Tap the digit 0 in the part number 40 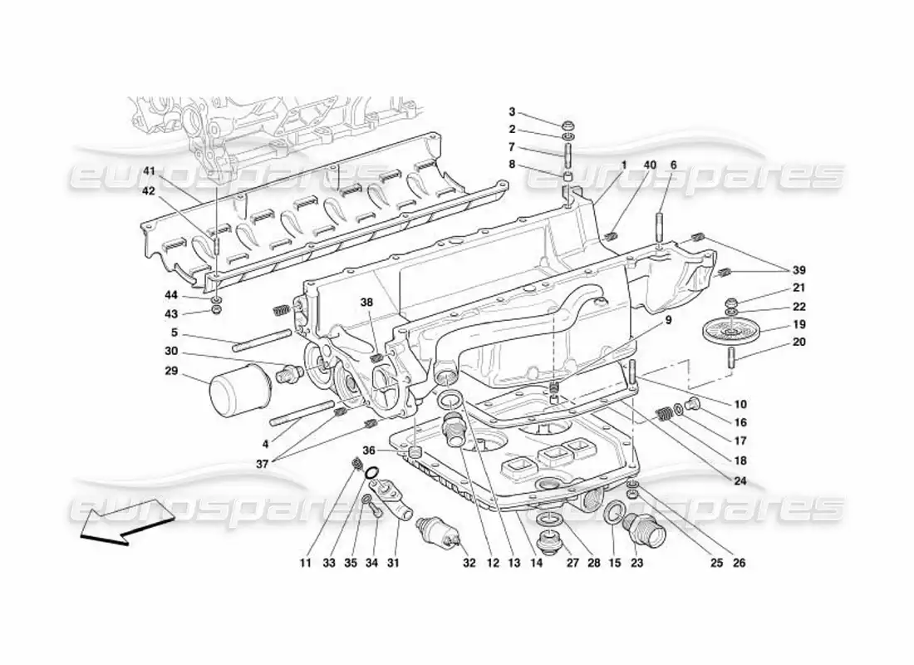[x=652, y=165]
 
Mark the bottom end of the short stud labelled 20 [x=731, y=367]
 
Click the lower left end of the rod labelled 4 [x=273, y=422]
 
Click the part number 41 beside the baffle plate [x=149, y=171]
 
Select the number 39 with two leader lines [x=799, y=270]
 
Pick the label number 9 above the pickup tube [x=669, y=320]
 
